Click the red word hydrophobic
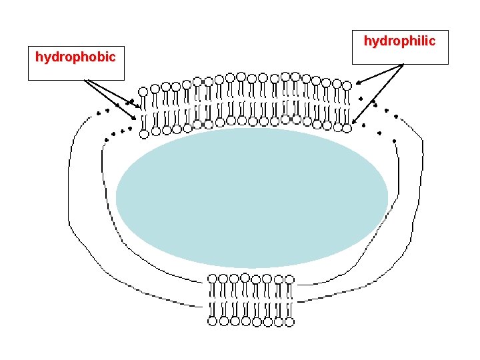[75, 57]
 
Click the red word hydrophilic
[399, 41]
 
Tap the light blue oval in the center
[252, 197]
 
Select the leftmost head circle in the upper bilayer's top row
[143, 91]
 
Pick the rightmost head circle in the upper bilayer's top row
[347, 85]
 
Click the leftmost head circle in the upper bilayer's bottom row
[144, 134]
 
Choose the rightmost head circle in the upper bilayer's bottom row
[347, 127]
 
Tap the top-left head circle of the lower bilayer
[212, 278]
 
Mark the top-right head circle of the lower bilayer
[289, 278]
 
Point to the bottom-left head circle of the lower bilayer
[212, 321]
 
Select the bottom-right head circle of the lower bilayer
[289, 321]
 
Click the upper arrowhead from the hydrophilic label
[356, 84]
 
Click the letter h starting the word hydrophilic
[367, 41]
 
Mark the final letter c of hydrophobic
[112, 57]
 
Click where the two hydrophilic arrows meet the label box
[403, 65]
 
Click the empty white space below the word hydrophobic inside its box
[75, 71]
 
